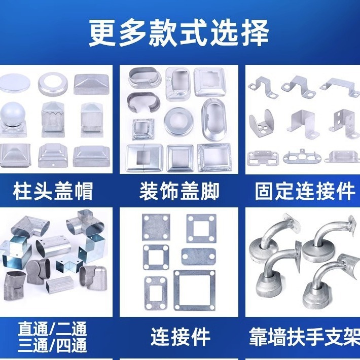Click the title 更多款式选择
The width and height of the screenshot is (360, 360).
(x=178, y=32)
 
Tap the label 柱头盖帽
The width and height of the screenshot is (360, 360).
(x=53, y=191)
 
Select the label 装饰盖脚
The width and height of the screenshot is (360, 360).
(x=179, y=191)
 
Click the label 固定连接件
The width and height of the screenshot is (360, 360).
(x=305, y=191)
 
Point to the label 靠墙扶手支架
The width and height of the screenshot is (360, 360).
(x=304, y=337)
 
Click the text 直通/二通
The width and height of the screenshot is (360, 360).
(x=52, y=329)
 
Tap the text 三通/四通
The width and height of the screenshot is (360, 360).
(x=52, y=345)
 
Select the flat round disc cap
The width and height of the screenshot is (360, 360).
(x=14, y=82)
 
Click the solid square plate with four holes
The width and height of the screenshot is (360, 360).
(x=156, y=227)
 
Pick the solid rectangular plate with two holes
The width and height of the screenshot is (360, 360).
(x=199, y=257)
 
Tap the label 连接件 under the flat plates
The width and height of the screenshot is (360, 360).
(x=181, y=337)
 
